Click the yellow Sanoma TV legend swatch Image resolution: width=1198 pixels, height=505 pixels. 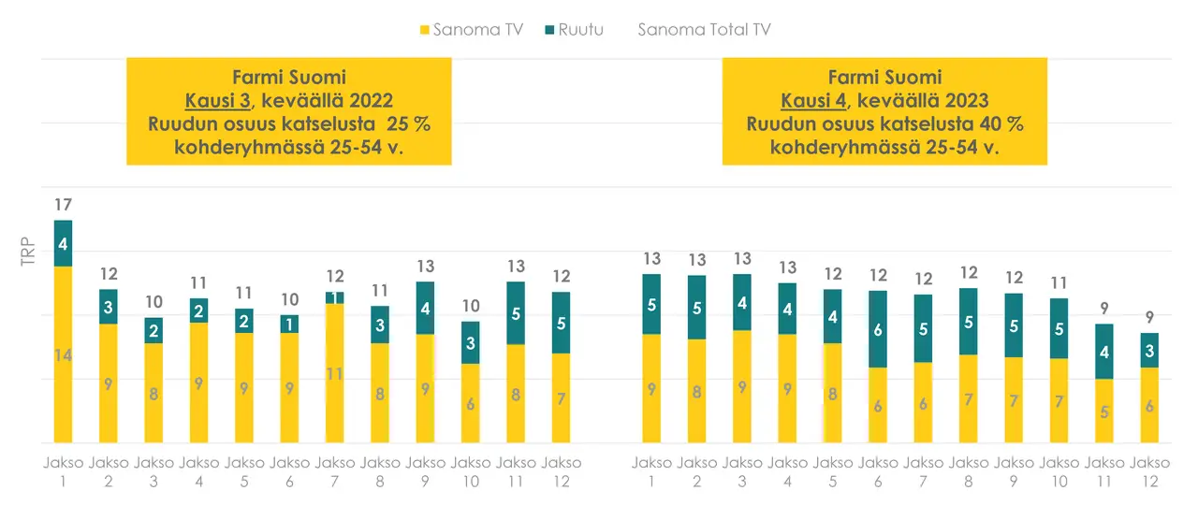click(x=425, y=30)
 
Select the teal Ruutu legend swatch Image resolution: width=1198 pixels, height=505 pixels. click(x=549, y=30)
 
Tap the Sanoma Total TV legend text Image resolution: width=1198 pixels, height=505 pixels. click(x=704, y=30)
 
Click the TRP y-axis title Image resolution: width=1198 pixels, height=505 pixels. click(x=28, y=254)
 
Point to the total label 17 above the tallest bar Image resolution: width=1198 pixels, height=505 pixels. click(x=63, y=204)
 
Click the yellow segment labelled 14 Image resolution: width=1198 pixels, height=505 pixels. click(x=63, y=355)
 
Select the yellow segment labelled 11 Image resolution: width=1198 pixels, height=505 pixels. click(x=334, y=373)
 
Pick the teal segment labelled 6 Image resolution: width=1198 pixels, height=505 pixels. click(x=878, y=329)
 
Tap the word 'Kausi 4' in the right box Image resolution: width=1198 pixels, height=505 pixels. click(x=810, y=101)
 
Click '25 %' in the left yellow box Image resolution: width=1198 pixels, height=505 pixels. click(x=409, y=124)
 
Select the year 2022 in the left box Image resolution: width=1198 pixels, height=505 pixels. click(x=368, y=101)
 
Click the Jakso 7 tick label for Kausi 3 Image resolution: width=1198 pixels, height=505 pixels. click(x=334, y=471)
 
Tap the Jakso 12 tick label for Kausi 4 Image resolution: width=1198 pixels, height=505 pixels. click(x=1149, y=471)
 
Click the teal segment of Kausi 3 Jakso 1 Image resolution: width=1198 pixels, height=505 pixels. click(x=63, y=243)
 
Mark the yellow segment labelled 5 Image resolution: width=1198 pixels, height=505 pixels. click(x=1104, y=411)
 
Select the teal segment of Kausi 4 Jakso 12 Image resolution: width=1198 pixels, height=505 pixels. click(x=1149, y=350)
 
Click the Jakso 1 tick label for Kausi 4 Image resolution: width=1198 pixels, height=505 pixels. click(x=651, y=471)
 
